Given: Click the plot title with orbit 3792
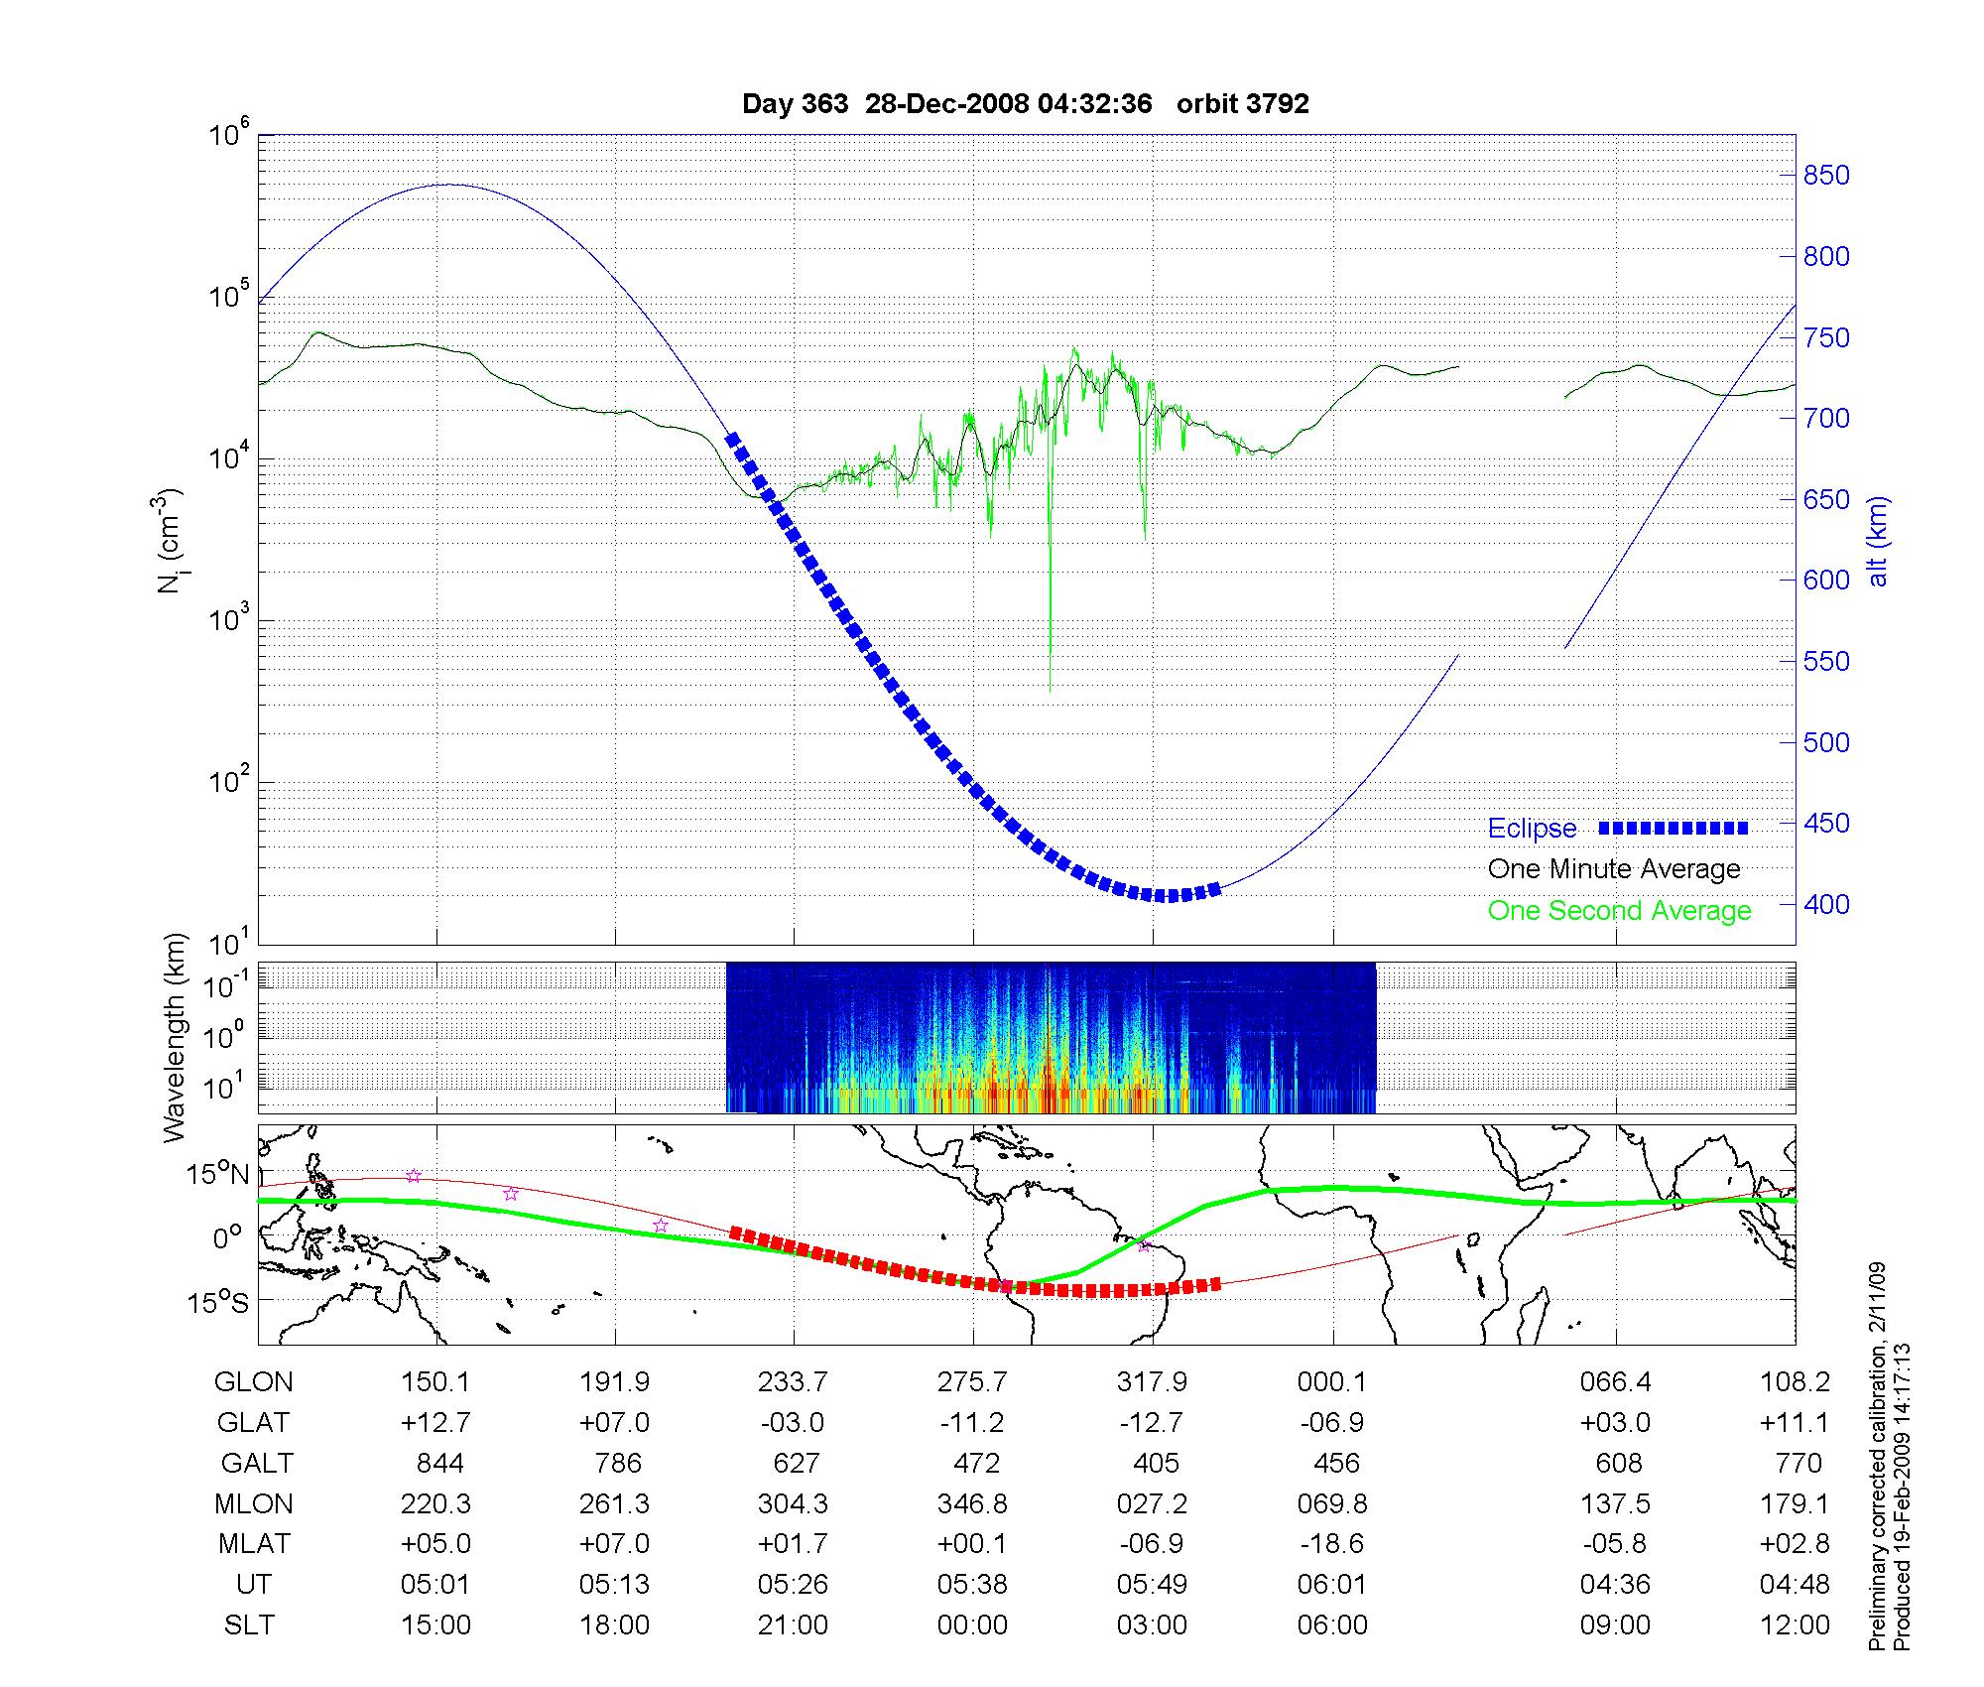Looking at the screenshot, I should pyautogui.click(x=1025, y=104).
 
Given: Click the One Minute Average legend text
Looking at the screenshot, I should pyautogui.click(x=1614, y=869).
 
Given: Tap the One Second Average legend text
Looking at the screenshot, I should pyautogui.click(x=1619, y=911).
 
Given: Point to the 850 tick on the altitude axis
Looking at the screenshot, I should pyautogui.click(x=1825, y=176).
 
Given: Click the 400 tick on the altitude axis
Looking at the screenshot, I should pyautogui.click(x=1825, y=905).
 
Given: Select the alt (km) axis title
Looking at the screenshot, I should pyautogui.click(x=1878, y=541).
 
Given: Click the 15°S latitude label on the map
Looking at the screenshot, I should pyautogui.click(x=218, y=1302).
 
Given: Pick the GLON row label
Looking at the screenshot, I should pyautogui.click(x=254, y=1382).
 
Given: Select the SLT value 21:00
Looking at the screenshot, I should pyautogui.click(x=793, y=1625).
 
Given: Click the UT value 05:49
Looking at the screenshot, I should pyautogui.click(x=1152, y=1585).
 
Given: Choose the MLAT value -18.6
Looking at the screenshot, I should pyautogui.click(x=1332, y=1544).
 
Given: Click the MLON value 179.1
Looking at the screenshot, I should pyautogui.click(x=1794, y=1504).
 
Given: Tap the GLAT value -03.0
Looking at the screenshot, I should pyautogui.click(x=793, y=1423).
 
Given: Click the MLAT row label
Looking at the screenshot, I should pyautogui.click(x=254, y=1544).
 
